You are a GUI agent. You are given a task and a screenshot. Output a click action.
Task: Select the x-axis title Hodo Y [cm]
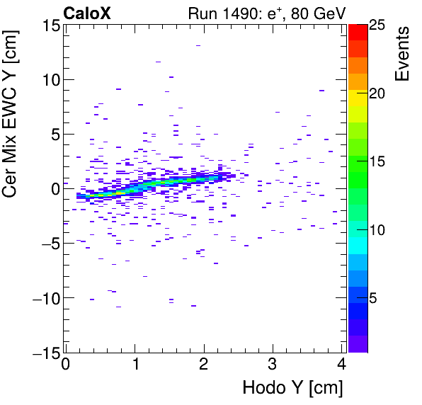(x=292, y=388)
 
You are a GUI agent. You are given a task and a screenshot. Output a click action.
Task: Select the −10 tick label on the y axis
(x=42, y=298)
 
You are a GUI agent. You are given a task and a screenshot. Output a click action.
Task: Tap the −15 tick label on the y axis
(x=42, y=352)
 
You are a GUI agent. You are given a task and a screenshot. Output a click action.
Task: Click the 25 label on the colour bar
(x=377, y=25)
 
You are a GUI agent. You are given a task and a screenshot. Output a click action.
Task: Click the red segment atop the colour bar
(x=358, y=31)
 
